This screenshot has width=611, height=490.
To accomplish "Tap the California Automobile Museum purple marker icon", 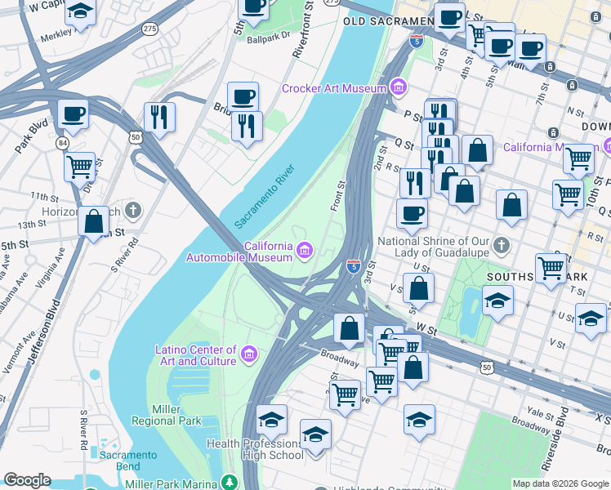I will click(304, 250).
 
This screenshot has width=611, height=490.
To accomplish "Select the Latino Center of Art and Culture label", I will click(196, 355).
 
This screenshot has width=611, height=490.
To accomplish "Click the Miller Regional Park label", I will click(176, 415).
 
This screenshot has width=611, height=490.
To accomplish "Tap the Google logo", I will click(27, 480).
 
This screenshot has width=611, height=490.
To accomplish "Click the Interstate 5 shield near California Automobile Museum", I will click(353, 266).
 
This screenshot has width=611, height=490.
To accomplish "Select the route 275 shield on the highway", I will click(149, 29).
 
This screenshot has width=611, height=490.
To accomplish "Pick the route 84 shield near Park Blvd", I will click(62, 144).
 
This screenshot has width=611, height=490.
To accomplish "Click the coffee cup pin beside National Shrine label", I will click(412, 214).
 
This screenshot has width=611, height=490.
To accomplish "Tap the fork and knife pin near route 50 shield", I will click(159, 117).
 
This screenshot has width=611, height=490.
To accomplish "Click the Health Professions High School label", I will click(255, 449).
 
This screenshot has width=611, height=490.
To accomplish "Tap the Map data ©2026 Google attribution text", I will click(560, 483).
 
